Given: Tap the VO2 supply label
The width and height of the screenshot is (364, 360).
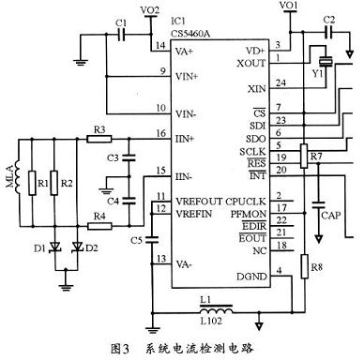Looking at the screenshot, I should pyautogui.click(x=148, y=9).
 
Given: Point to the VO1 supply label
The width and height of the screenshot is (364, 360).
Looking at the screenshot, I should pyautogui.click(x=288, y=7).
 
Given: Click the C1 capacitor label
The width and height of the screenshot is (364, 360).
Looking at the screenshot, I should pyautogui.click(x=118, y=22).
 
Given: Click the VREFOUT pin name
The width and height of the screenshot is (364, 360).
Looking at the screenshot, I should pyautogui.click(x=194, y=200).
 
